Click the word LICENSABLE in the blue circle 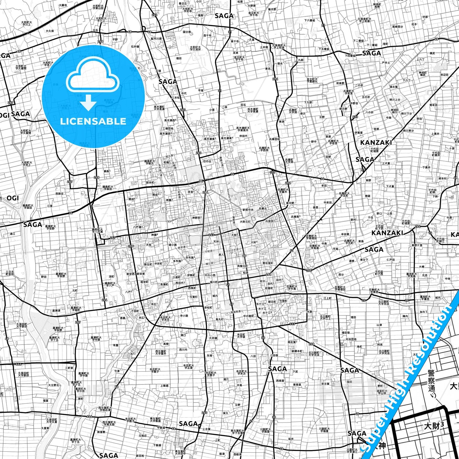pyautogui.click(x=93, y=121)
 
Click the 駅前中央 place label pyautogui.click(x=248, y=210)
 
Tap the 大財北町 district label pyautogui.click(x=245, y=221)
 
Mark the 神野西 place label pyautogui.click(x=197, y=218)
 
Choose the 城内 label pyautogui.click(x=215, y=296)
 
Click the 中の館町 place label pyautogui.click(x=249, y=316)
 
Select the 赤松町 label pyautogui.click(x=208, y=307)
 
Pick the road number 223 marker pyautogui.click(x=355, y=117)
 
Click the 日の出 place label pyautogui.click(x=207, y=161)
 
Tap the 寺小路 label pyautogui.click(x=184, y=316)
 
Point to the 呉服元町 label pyautogui.click(x=242, y=266)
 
